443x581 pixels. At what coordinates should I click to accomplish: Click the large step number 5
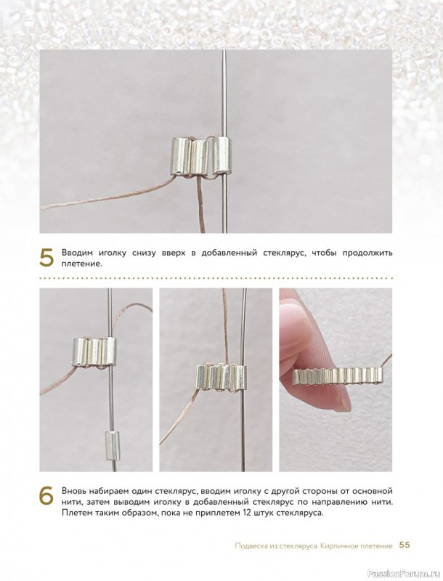(46, 258)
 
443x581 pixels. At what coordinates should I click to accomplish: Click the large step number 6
(46, 496)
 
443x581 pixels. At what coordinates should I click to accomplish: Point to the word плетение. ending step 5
(82, 264)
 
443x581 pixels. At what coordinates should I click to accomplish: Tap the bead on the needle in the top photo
(222, 155)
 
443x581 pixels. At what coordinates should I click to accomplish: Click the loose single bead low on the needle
(110, 446)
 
